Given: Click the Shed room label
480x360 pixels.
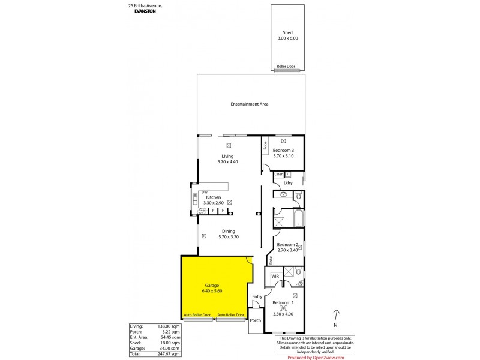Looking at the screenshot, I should [287, 32].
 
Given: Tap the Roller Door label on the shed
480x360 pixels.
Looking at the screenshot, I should [287, 67].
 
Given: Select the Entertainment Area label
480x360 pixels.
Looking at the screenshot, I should [249, 104].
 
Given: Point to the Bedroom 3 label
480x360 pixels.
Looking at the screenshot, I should [283, 150].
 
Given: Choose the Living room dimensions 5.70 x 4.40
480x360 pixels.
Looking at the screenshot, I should [228, 162].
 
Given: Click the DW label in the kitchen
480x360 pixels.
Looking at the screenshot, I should [204, 192].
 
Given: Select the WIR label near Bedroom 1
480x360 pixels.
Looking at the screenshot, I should [275, 275].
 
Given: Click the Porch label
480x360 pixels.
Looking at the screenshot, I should [256, 320].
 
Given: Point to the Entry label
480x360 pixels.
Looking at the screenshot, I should [257, 296].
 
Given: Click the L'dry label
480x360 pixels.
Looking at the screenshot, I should [296, 182].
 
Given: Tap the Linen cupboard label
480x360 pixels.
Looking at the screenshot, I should [279, 174].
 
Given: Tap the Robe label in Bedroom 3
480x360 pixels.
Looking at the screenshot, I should [265, 146].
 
